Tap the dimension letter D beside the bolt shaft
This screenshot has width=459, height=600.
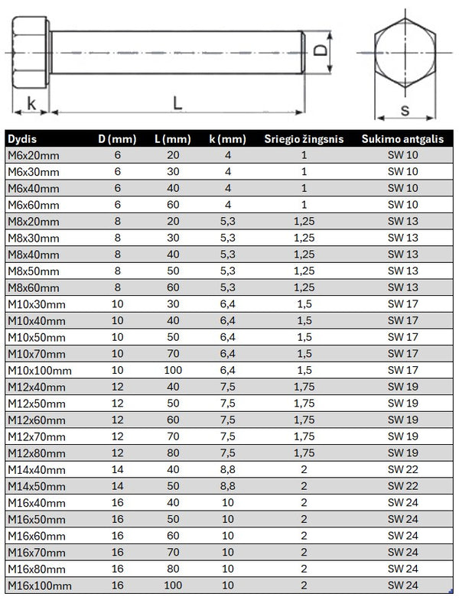coord(321,52)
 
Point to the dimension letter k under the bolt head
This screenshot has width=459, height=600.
coord(31,102)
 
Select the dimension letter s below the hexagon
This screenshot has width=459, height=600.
coord(405,110)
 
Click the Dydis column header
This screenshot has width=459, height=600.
coord(23,138)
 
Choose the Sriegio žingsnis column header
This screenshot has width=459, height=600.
coord(304,138)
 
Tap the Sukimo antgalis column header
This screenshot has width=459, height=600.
coord(403,138)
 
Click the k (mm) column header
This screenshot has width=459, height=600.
coord(227,138)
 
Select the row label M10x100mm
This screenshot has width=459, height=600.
coord(40,371)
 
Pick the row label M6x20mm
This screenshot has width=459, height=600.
coord(34,155)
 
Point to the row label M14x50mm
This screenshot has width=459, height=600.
coord(37,486)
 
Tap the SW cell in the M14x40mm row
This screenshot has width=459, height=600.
coord(403,470)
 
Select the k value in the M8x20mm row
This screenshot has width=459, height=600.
coord(227,222)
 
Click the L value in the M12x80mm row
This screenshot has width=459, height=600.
coord(172,453)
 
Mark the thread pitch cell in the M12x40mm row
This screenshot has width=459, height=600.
coord(304,388)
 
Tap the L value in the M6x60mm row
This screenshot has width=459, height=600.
coord(172,205)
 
